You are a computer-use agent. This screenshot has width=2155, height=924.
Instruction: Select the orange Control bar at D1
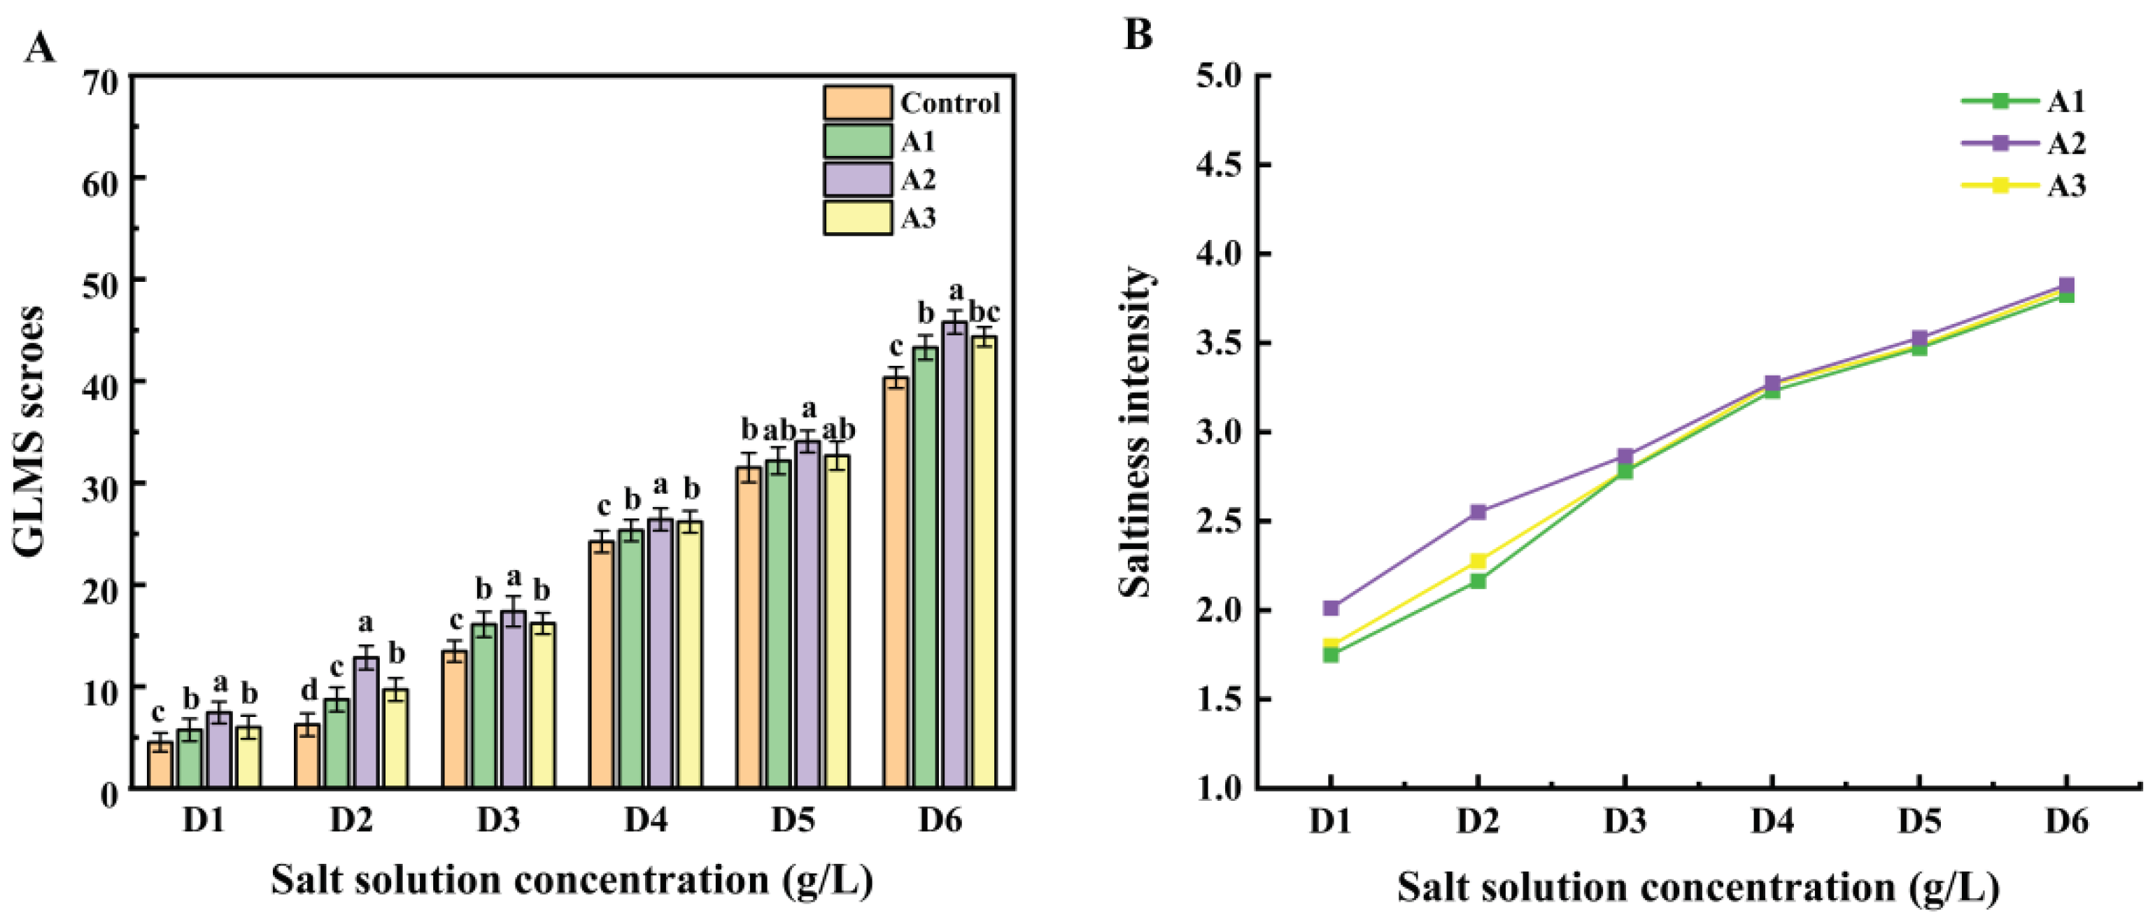coord(160,765)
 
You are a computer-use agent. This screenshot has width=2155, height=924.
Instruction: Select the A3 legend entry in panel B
coord(2024,185)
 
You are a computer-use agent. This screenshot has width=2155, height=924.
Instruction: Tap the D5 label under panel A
coord(792,821)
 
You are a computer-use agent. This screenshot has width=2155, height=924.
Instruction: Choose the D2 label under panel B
coord(1478,822)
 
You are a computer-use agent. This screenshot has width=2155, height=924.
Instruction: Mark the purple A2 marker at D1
coord(1330,608)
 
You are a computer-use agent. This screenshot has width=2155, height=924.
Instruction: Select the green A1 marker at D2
coord(1478,581)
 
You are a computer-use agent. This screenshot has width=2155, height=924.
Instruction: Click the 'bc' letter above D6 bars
coord(984,312)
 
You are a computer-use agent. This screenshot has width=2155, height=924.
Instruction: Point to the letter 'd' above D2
coord(309,690)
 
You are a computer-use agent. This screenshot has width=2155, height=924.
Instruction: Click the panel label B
coord(1138,35)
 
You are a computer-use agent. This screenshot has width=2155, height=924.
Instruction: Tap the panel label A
coord(39,48)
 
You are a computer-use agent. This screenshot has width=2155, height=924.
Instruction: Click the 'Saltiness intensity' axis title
coord(1135,432)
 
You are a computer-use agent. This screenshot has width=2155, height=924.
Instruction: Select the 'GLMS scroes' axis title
coord(29,432)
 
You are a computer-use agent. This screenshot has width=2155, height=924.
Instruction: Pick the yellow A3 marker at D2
coord(1478,561)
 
